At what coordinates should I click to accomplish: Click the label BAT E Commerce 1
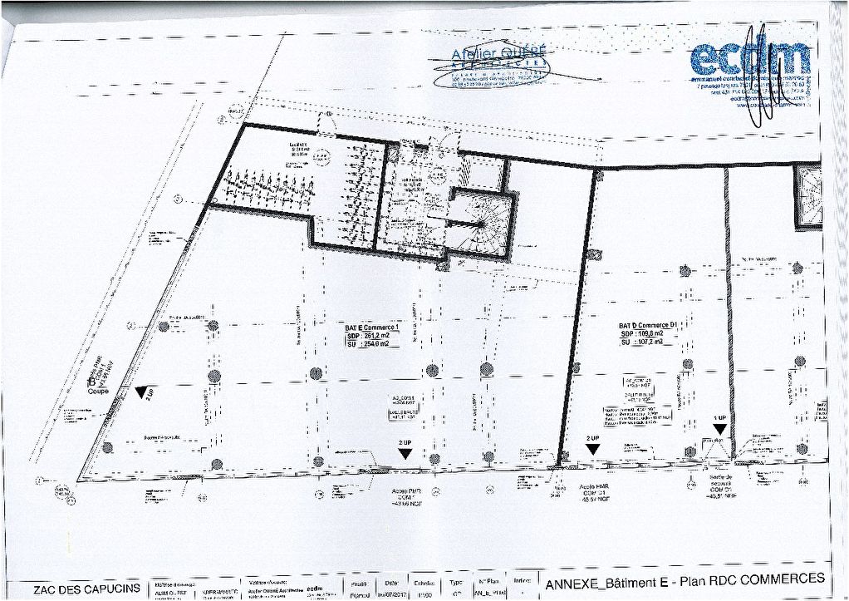pos(372,328)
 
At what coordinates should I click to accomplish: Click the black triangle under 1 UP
pos(719,429)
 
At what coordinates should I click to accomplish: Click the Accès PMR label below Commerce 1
pos(406,491)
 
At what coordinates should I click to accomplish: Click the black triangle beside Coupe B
pos(145,391)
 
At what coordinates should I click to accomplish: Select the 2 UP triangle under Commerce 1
pos(405,453)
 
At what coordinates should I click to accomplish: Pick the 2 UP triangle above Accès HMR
pos(592,448)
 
